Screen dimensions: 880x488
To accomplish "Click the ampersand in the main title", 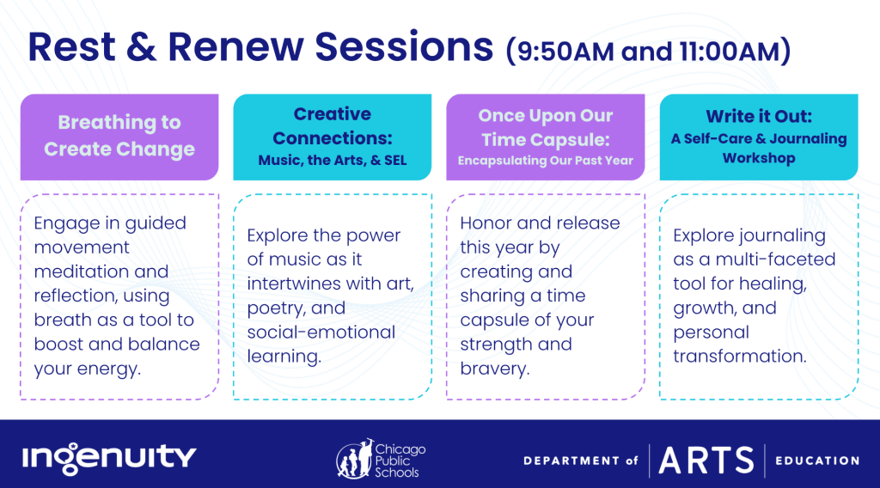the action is click(141, 46).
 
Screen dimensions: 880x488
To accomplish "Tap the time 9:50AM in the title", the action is click(565, 52).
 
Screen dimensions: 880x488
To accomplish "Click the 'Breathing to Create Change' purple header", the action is click(119, 137).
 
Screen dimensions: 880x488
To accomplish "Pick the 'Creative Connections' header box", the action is click(333, 137).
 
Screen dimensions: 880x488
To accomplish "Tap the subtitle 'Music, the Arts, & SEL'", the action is click(333, 161).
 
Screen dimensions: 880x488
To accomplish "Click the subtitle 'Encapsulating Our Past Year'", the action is click(546, 161).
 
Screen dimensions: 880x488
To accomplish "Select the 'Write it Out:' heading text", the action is click(759, 116).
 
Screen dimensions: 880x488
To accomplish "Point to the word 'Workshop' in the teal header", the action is click(759, 158).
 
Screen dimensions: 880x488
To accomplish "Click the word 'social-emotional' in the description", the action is click(321, 332).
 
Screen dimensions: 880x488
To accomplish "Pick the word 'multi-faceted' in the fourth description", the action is click(775, 259).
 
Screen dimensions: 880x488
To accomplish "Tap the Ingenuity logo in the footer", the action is click(109, 457).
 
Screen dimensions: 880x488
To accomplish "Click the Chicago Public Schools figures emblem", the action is click(355, 460).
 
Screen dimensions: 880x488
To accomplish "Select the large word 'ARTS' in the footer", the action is click(706, 461).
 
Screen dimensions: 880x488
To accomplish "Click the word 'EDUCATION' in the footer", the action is click(817, 461).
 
